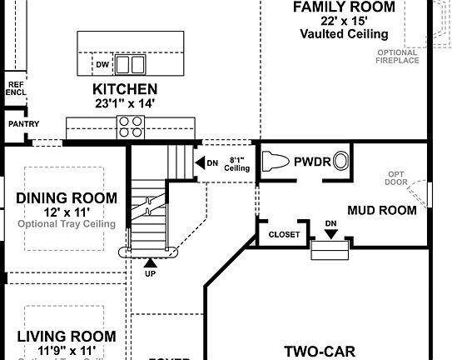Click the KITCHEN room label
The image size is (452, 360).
coord(125,89)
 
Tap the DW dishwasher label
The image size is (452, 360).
coord(102,64)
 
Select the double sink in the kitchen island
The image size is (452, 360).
coord(129,64)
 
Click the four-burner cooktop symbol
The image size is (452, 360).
coord(130,126)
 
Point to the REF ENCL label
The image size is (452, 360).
coord(16,88)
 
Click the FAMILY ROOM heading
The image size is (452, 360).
coord(344,7)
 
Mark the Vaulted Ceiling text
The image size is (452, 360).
coord(344,34)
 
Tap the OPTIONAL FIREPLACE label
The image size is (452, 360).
coord(397,57)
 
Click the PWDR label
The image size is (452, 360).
coord(311,162)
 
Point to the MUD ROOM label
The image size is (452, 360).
coord(381,210)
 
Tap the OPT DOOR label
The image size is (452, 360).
coord(396,179)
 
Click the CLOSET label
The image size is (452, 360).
coord(284,235)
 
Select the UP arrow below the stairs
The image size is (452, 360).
coord(150,264)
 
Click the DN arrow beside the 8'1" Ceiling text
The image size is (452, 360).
coord(200,163)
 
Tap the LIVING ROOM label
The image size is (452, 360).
coord(67,337)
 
